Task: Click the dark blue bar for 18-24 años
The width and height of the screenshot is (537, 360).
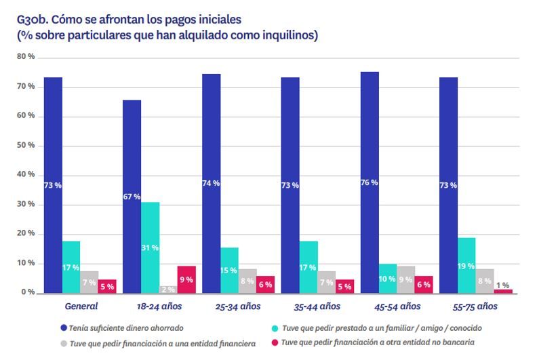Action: pos(132,196)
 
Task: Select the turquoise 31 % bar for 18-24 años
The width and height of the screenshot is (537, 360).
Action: pos(150,247)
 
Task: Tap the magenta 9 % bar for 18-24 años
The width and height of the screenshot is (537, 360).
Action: pos(186,279)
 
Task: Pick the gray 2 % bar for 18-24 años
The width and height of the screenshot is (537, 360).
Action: pos(168,289)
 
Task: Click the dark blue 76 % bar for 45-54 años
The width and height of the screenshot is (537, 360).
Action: pos(370,182)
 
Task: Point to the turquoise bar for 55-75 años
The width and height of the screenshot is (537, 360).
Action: pos(466,265)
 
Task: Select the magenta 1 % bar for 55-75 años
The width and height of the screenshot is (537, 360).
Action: pos(503,291)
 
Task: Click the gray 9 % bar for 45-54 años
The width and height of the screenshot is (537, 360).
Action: pos(406,279)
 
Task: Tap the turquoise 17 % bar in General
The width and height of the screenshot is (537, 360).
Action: pos(71,267)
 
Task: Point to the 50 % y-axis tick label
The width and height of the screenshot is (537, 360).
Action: pos(26,146)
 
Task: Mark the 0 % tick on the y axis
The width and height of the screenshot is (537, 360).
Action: pos(28,293)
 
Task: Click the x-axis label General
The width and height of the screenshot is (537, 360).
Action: pos(80,306)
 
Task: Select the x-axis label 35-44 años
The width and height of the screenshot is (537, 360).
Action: pos(317,306)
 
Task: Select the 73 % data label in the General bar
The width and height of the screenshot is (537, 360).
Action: pos(53,185)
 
